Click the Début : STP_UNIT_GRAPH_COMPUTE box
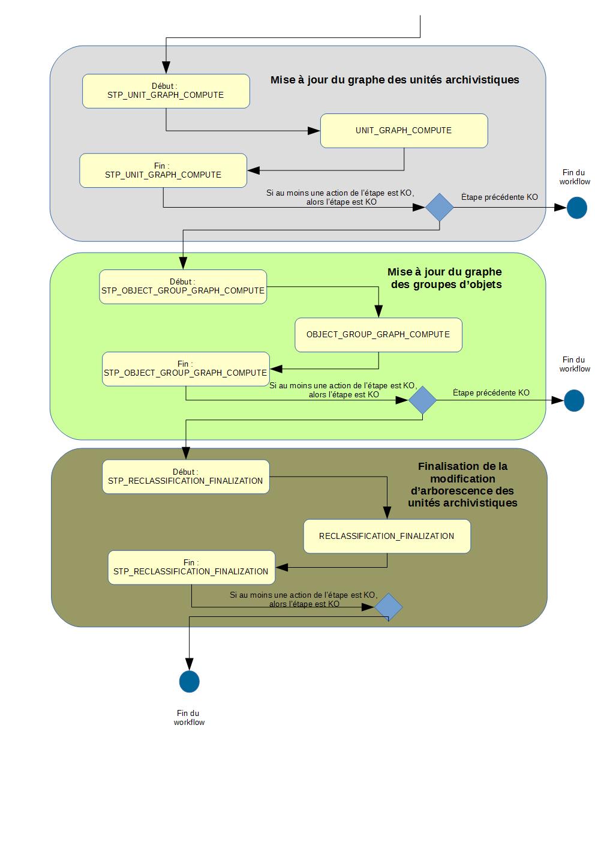tap(166, 91)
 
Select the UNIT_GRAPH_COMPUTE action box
tap(404, 131)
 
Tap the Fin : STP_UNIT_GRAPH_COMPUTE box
tap(163, 170)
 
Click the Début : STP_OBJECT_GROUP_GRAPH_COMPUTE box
tap(183, 287)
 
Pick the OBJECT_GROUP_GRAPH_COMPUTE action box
tap(378, 335)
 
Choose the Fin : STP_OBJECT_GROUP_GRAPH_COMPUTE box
tap(185, 368)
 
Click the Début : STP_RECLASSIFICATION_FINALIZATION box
tap(186, 477)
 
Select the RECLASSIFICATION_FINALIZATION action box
tap(387, 536)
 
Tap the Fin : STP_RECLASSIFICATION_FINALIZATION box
tap(191, 567)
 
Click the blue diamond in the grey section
tap(440, 208)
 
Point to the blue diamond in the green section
tap(422, 400)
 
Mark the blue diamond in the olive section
tap(389, 607)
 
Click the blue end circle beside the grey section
tap(576, 208)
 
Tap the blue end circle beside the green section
tap(574, 400)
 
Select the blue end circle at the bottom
tap(189, 682)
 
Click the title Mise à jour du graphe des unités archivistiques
tap(394, 80)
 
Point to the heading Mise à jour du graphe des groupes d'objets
tap(445, 278)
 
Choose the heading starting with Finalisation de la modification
tap(462, 484)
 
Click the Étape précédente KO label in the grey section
tap(499, 197)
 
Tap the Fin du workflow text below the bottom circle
tap(189, 718)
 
